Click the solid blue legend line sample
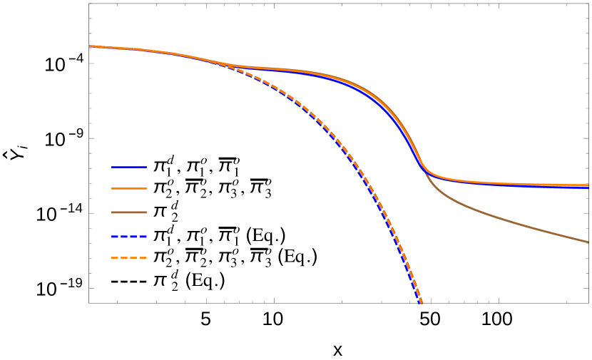(129, 167)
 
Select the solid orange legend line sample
(129, 189)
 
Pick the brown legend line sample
(129, 212)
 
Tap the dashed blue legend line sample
(129, 236)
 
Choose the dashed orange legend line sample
(129, 257)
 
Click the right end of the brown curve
(588, 242)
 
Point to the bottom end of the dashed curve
(422, 303)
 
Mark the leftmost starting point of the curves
(90, 46)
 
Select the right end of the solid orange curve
(588, 185)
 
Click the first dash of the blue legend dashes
(115, 236)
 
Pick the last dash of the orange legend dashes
(143, 257)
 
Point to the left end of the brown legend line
(112, 212)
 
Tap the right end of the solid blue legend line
(146, 167)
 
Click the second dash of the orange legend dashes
(124, 257)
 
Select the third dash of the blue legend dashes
(133, 236)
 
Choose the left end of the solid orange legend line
(112, 189)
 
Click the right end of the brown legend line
(146, 212)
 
